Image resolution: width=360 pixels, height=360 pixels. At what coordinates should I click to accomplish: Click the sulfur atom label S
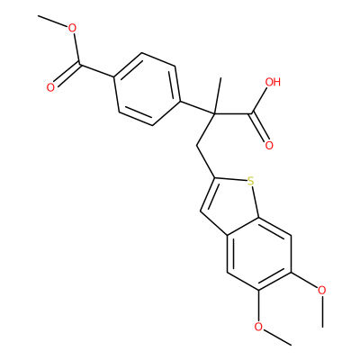point(250,181)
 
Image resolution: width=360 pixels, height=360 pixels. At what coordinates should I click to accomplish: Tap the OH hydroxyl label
point(273,82)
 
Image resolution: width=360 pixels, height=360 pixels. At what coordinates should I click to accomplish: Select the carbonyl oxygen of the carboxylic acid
point(269,145)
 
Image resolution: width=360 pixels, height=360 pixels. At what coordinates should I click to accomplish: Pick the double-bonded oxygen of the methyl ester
point(50,87)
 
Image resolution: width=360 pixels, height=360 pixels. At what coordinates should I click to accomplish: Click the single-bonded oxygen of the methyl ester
point(72,29)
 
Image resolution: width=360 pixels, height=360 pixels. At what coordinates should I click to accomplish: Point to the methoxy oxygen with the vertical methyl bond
point(322,290)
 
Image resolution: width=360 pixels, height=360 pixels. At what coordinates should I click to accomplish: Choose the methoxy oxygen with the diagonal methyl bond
point(258,327)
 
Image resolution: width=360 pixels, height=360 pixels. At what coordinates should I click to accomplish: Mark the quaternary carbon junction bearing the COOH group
point(215,114)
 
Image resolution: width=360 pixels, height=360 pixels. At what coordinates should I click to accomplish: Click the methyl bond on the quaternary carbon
point(218,96)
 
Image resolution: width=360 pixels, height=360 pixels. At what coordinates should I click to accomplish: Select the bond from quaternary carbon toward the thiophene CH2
point(206,130)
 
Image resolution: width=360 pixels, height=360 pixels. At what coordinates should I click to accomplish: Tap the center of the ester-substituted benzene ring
point(148,89)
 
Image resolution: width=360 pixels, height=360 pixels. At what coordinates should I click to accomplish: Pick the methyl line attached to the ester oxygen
point(52,21)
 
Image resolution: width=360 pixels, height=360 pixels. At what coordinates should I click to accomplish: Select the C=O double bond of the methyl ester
point(67,74)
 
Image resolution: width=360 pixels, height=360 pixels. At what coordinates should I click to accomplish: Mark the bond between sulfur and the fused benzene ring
point(255,202)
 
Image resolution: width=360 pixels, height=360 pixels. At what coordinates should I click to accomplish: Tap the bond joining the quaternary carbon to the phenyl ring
point(198,108)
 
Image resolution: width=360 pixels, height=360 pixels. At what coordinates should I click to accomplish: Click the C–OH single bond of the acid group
point(259,101)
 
